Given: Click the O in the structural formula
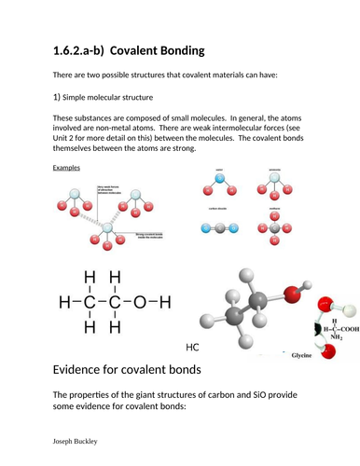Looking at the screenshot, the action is click(x=141, y=303).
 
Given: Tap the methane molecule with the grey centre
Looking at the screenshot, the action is click(x=274, y=233).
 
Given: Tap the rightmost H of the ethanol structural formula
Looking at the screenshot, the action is click(x=166, y=303).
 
